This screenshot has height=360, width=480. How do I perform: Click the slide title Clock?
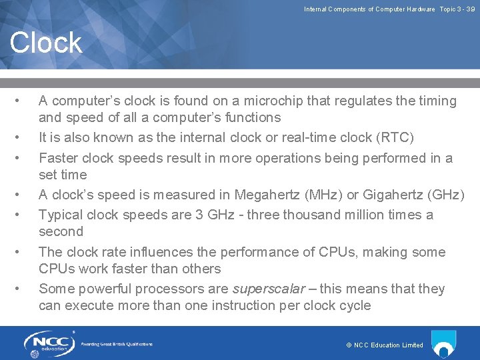tap(46, 43)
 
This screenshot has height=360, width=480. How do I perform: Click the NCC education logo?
tap(49, 344)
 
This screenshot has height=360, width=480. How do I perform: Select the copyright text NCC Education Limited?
tap(385, 345)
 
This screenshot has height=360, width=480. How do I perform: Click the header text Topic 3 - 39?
tap(457, 9)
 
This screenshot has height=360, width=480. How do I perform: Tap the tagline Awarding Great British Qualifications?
tap(117, 344)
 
